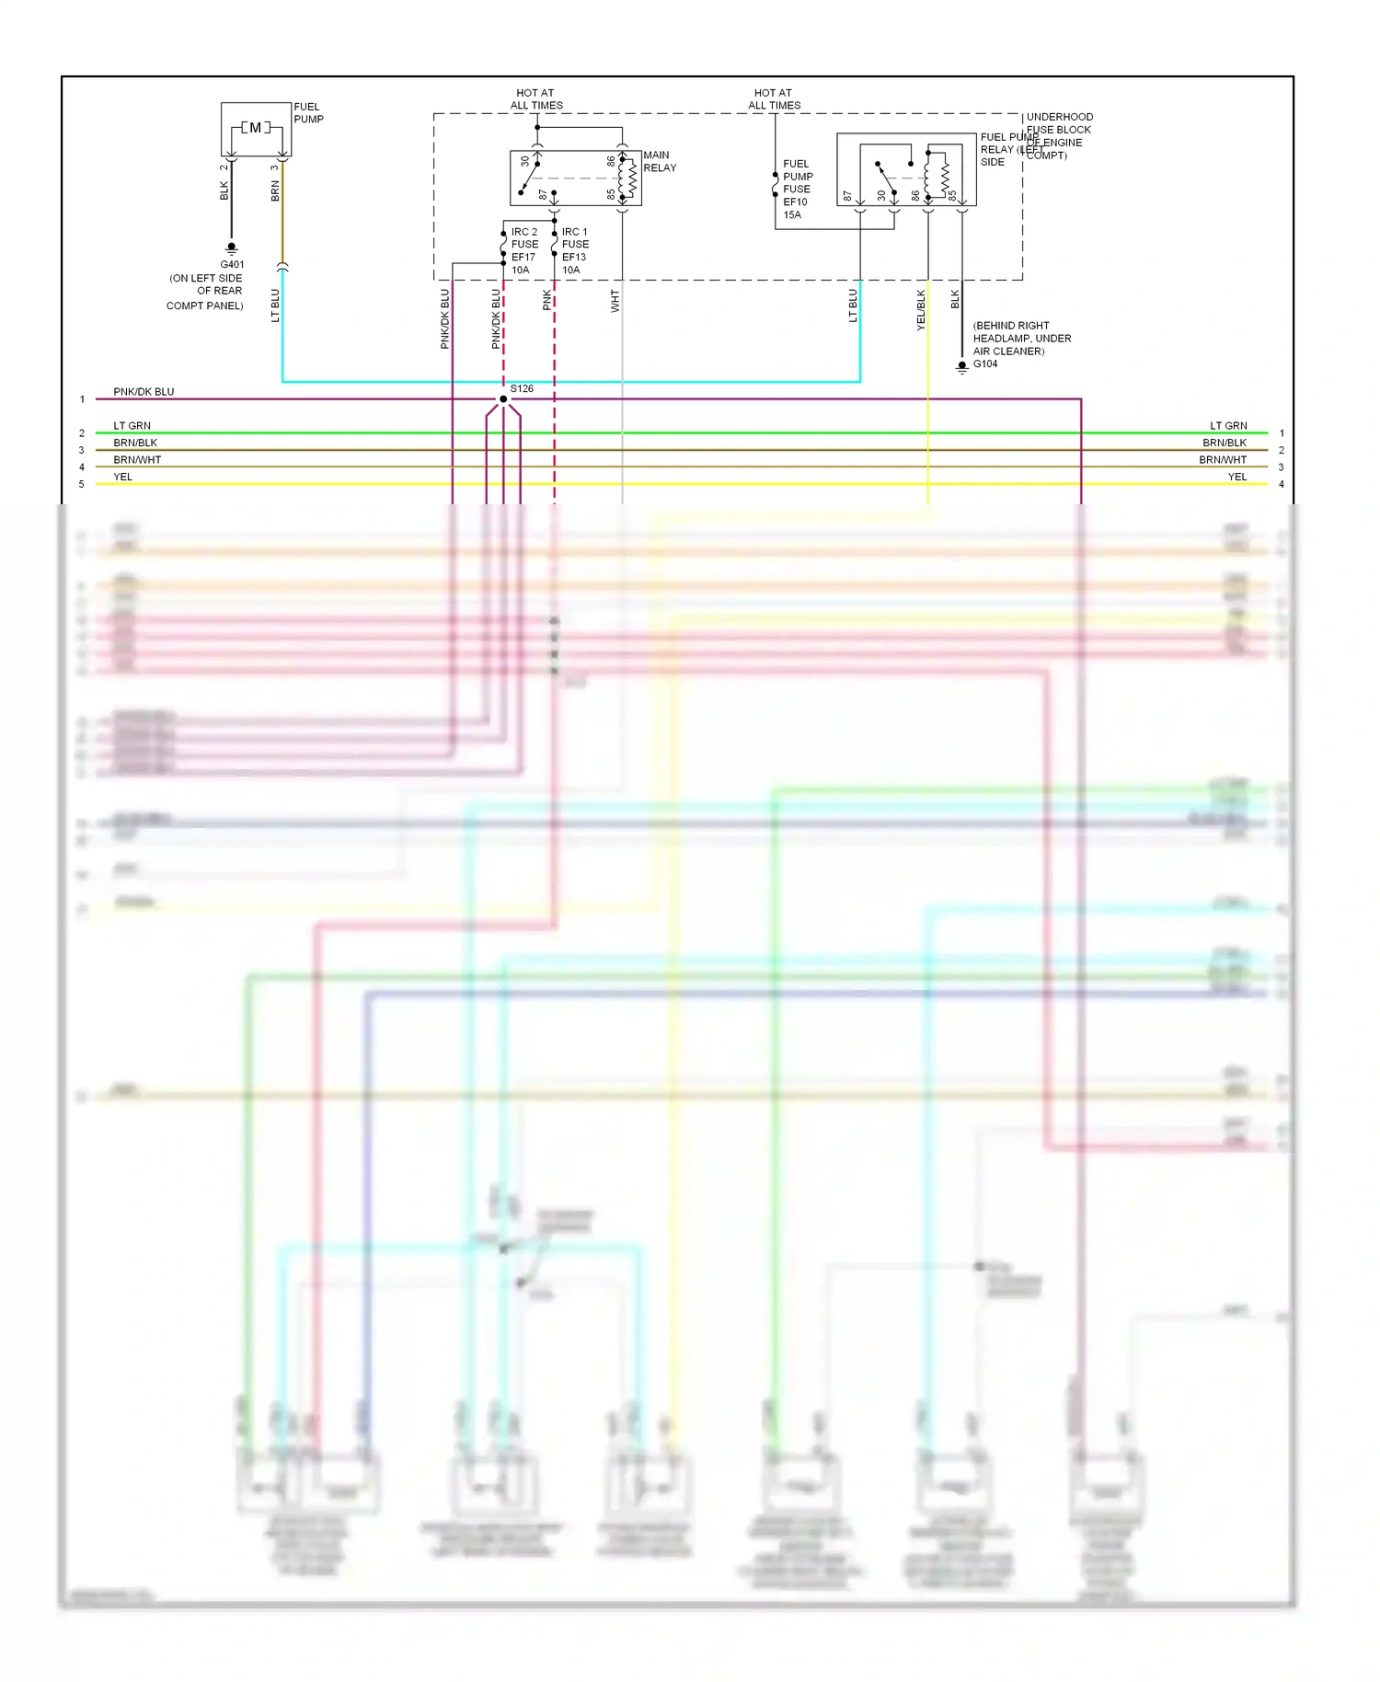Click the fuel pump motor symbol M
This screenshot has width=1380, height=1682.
pos(255,128)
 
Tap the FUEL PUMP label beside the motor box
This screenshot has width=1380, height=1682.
pos(308,113)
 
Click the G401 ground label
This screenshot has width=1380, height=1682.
pos(232,265)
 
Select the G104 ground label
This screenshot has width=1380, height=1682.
pos(985,364)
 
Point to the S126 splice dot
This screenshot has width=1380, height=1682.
pos(503,399)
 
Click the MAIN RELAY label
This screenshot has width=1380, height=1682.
pos(659,162)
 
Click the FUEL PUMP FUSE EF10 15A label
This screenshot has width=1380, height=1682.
pos(797,190)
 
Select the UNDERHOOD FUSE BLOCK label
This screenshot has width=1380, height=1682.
pos(1059,124)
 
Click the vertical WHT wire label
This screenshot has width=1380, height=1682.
pos(615,301)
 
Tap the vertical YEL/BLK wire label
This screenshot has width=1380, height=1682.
pos(921,310)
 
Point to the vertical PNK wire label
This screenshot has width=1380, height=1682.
pos(547,300)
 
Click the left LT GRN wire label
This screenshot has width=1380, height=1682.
pos(132,426)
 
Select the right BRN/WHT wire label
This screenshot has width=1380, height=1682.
pos(1223,460)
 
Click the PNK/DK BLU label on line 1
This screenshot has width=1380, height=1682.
pos(144,392)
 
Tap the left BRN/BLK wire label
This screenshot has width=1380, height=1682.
pos(135,444)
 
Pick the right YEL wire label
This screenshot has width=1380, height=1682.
pos(1237,478)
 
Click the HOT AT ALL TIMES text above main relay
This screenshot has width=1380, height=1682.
pos(536,99)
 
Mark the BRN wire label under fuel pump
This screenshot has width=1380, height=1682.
pos(275,191)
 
